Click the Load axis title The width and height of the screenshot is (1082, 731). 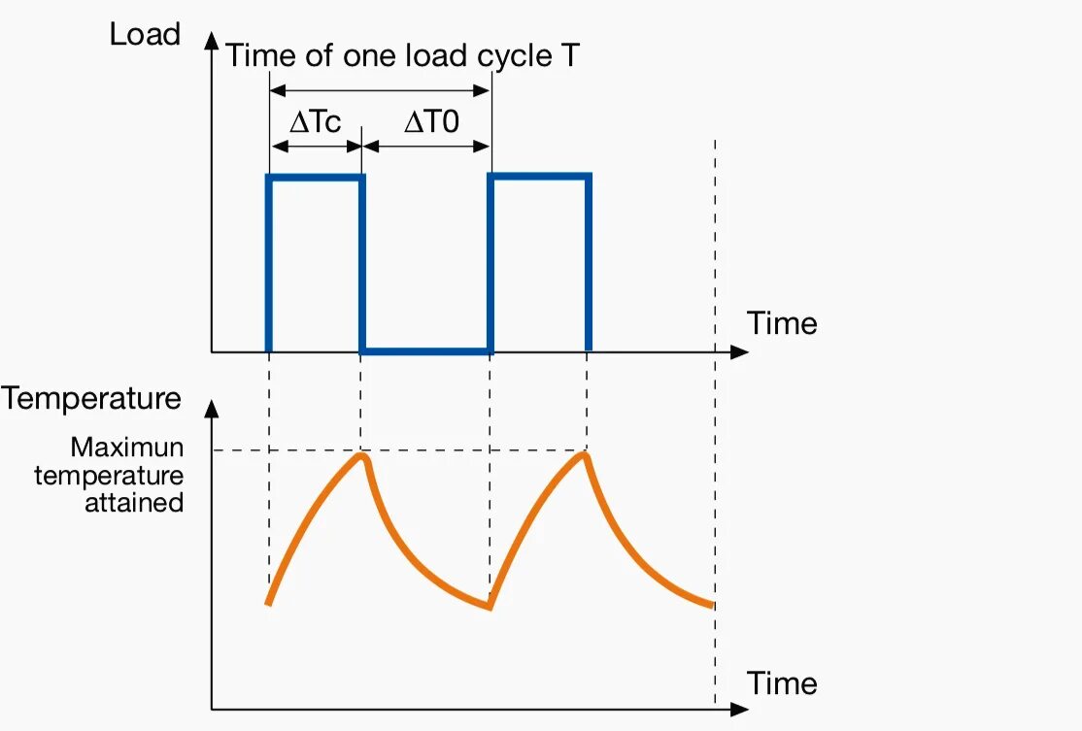tap(145, 35)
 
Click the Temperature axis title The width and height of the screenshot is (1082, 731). tap(91, 399)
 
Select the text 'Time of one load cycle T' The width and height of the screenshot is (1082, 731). tap(403, 55)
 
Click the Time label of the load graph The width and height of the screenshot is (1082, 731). tap(782, 322)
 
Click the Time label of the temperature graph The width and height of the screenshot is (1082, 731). tap(782, 683)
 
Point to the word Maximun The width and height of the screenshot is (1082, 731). tap(126, 449)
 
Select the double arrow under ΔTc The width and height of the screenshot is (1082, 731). tap(316, 147)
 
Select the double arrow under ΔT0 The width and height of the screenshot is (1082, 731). tap(427, 147)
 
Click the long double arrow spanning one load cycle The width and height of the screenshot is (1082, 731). tap(380, 90)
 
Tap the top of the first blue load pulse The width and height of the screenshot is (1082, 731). tap(316, 178)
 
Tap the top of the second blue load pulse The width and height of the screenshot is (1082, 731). tap(540, 177)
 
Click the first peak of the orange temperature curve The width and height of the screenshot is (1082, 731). tap(363, 455)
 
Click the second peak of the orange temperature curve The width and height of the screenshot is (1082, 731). tap(585, 455)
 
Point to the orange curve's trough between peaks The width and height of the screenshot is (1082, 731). tap(490, 608)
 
